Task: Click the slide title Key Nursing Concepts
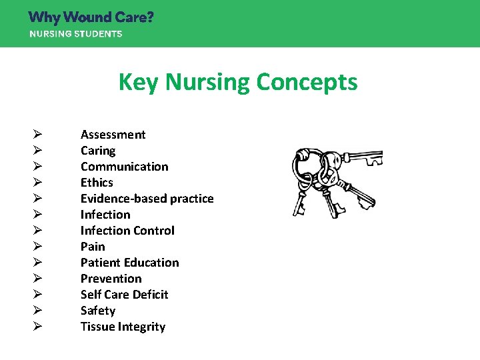[x=238, y=83]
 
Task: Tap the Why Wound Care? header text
[x=91, y=17]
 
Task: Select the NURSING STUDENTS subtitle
[x=75, y=34]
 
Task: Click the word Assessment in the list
[x=113, y=135]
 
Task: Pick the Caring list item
[x=98, y=151]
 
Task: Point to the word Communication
[x=124, y=167]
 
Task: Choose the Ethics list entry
[x=97, y=183]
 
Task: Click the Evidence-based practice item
[x=147, y=199]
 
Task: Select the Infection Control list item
[x=127, y=231]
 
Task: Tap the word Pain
[x=93, y=247]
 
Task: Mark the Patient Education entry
[x=129, y=263]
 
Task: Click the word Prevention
[x=111, y=279]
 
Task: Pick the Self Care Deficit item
[x=124, y=295]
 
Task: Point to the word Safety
[x=98, y=311]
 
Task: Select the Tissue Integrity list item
[x=123, y=327]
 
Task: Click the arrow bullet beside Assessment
[x=37, y=135]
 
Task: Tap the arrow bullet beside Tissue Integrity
[x=37, y=327]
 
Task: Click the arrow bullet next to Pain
[x=37, y=247]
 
